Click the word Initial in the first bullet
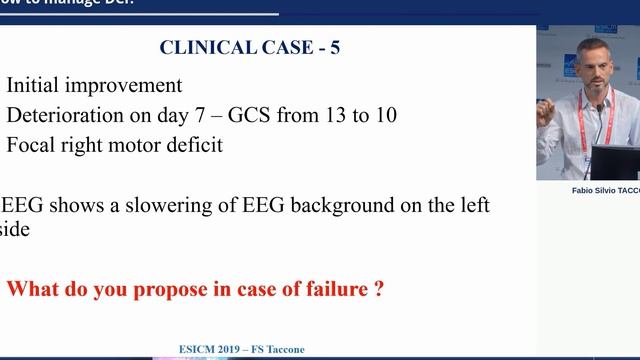coord(39,86)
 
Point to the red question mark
coord(379,291)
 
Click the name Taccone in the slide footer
coord(283,350)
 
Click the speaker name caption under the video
coord(601,189)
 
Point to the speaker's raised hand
coord(549,111)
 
